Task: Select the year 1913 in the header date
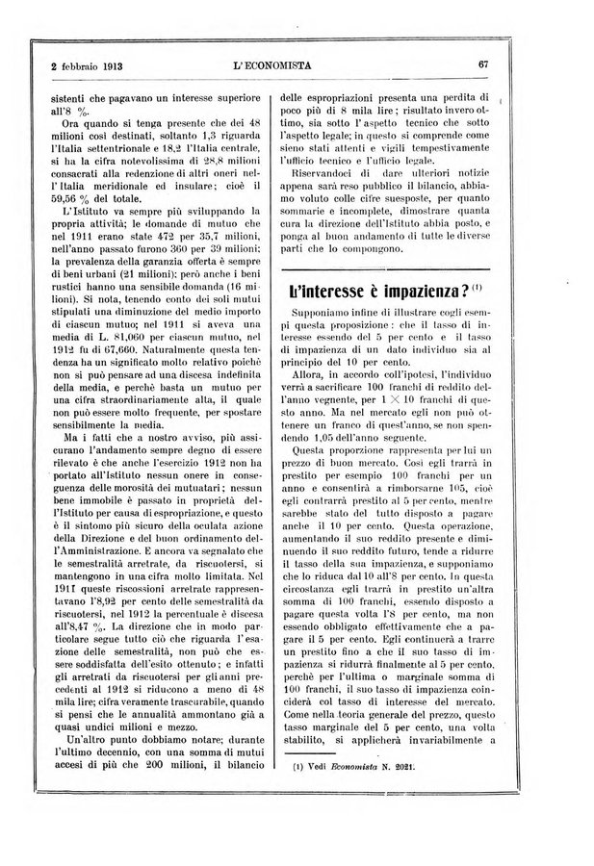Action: (x=103, y=66)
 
